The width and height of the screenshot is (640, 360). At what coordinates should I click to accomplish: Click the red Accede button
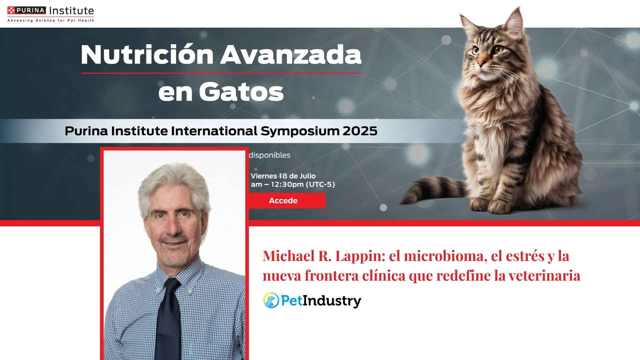click(x=287, y=201)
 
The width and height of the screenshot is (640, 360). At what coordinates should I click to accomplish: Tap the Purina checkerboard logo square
click(x=11, y=10)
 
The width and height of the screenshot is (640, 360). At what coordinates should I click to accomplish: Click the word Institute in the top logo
click(x=71, y=11)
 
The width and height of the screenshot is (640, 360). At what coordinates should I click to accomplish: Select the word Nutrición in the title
click(x=147, y=54)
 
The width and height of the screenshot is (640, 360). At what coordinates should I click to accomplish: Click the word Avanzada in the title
click(x=291, y=55)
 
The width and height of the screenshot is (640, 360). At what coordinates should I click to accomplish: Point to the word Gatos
click(x=241, y=92)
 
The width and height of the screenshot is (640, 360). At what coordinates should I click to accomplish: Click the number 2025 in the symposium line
click(x=360, y=131)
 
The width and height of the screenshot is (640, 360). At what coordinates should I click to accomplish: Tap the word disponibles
click(x=270, y=155)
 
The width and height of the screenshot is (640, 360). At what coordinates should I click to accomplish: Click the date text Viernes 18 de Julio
click(x=283, y=176)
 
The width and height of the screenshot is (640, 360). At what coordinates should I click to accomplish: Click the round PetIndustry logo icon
click(x=271, y=300)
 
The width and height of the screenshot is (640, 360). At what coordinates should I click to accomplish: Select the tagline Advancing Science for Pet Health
click(x=51, y=21)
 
